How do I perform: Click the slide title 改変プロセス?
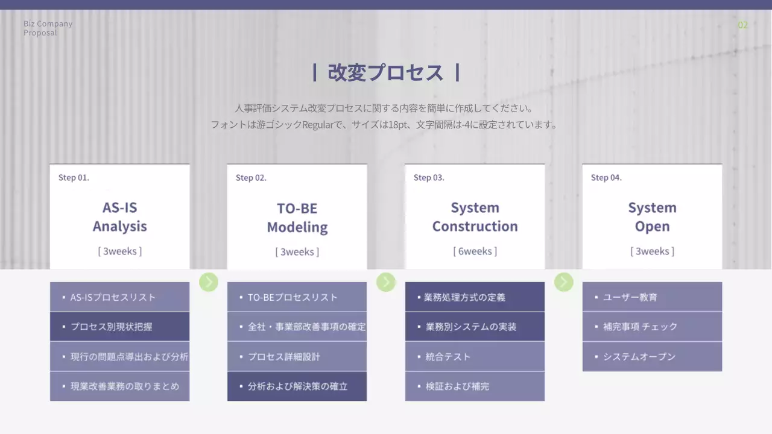click(x=385, y=72)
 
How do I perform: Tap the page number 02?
click(x=742, y=25)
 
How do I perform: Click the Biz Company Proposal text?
click(x=48, y=28)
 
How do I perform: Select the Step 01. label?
click(x=74, y=178)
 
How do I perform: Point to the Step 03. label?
click(x=429, y=178)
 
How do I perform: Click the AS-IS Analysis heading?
click(x=119, y=217)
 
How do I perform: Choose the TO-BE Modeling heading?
click(x=297, y=218)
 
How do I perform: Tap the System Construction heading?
click(x=475, y=217)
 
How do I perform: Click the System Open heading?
click(x=652, y=217)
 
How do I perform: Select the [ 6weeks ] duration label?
click(x=475, y=251)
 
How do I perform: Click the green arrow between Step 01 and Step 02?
click(x=209, y=281)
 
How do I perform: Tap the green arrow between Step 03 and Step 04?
click(x=563, y=281)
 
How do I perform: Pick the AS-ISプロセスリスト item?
click(x=119, y=297)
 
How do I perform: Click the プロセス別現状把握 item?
click(x=119, y=327)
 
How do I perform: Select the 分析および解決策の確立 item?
click(x=297, y=386)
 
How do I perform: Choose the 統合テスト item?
click(x=475, y=357)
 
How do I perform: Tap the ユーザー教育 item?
click(x=652, y=297)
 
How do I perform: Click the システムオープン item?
click(x=652, y=357)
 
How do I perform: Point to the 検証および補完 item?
click(x=475, y=386)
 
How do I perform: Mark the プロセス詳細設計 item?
click(x=297, y=357)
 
